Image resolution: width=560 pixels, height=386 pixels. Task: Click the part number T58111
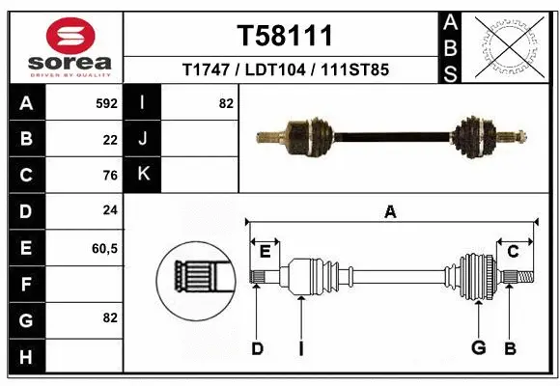(x=285, y=37)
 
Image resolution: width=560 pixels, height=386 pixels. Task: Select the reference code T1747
(x=203, y=70)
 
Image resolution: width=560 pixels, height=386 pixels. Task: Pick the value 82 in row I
(x=226, y=103)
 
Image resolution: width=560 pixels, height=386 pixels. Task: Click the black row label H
(x=26, y=356)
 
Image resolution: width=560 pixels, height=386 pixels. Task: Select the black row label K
(x=143, y=175)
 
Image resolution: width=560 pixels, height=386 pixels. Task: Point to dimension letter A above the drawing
(x=390, y=212)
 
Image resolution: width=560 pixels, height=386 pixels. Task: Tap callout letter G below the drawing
(x=477, y=348)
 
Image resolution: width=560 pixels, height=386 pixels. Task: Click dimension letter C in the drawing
(x=513, y=252)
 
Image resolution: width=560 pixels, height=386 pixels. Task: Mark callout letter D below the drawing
(x=257, y=348)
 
